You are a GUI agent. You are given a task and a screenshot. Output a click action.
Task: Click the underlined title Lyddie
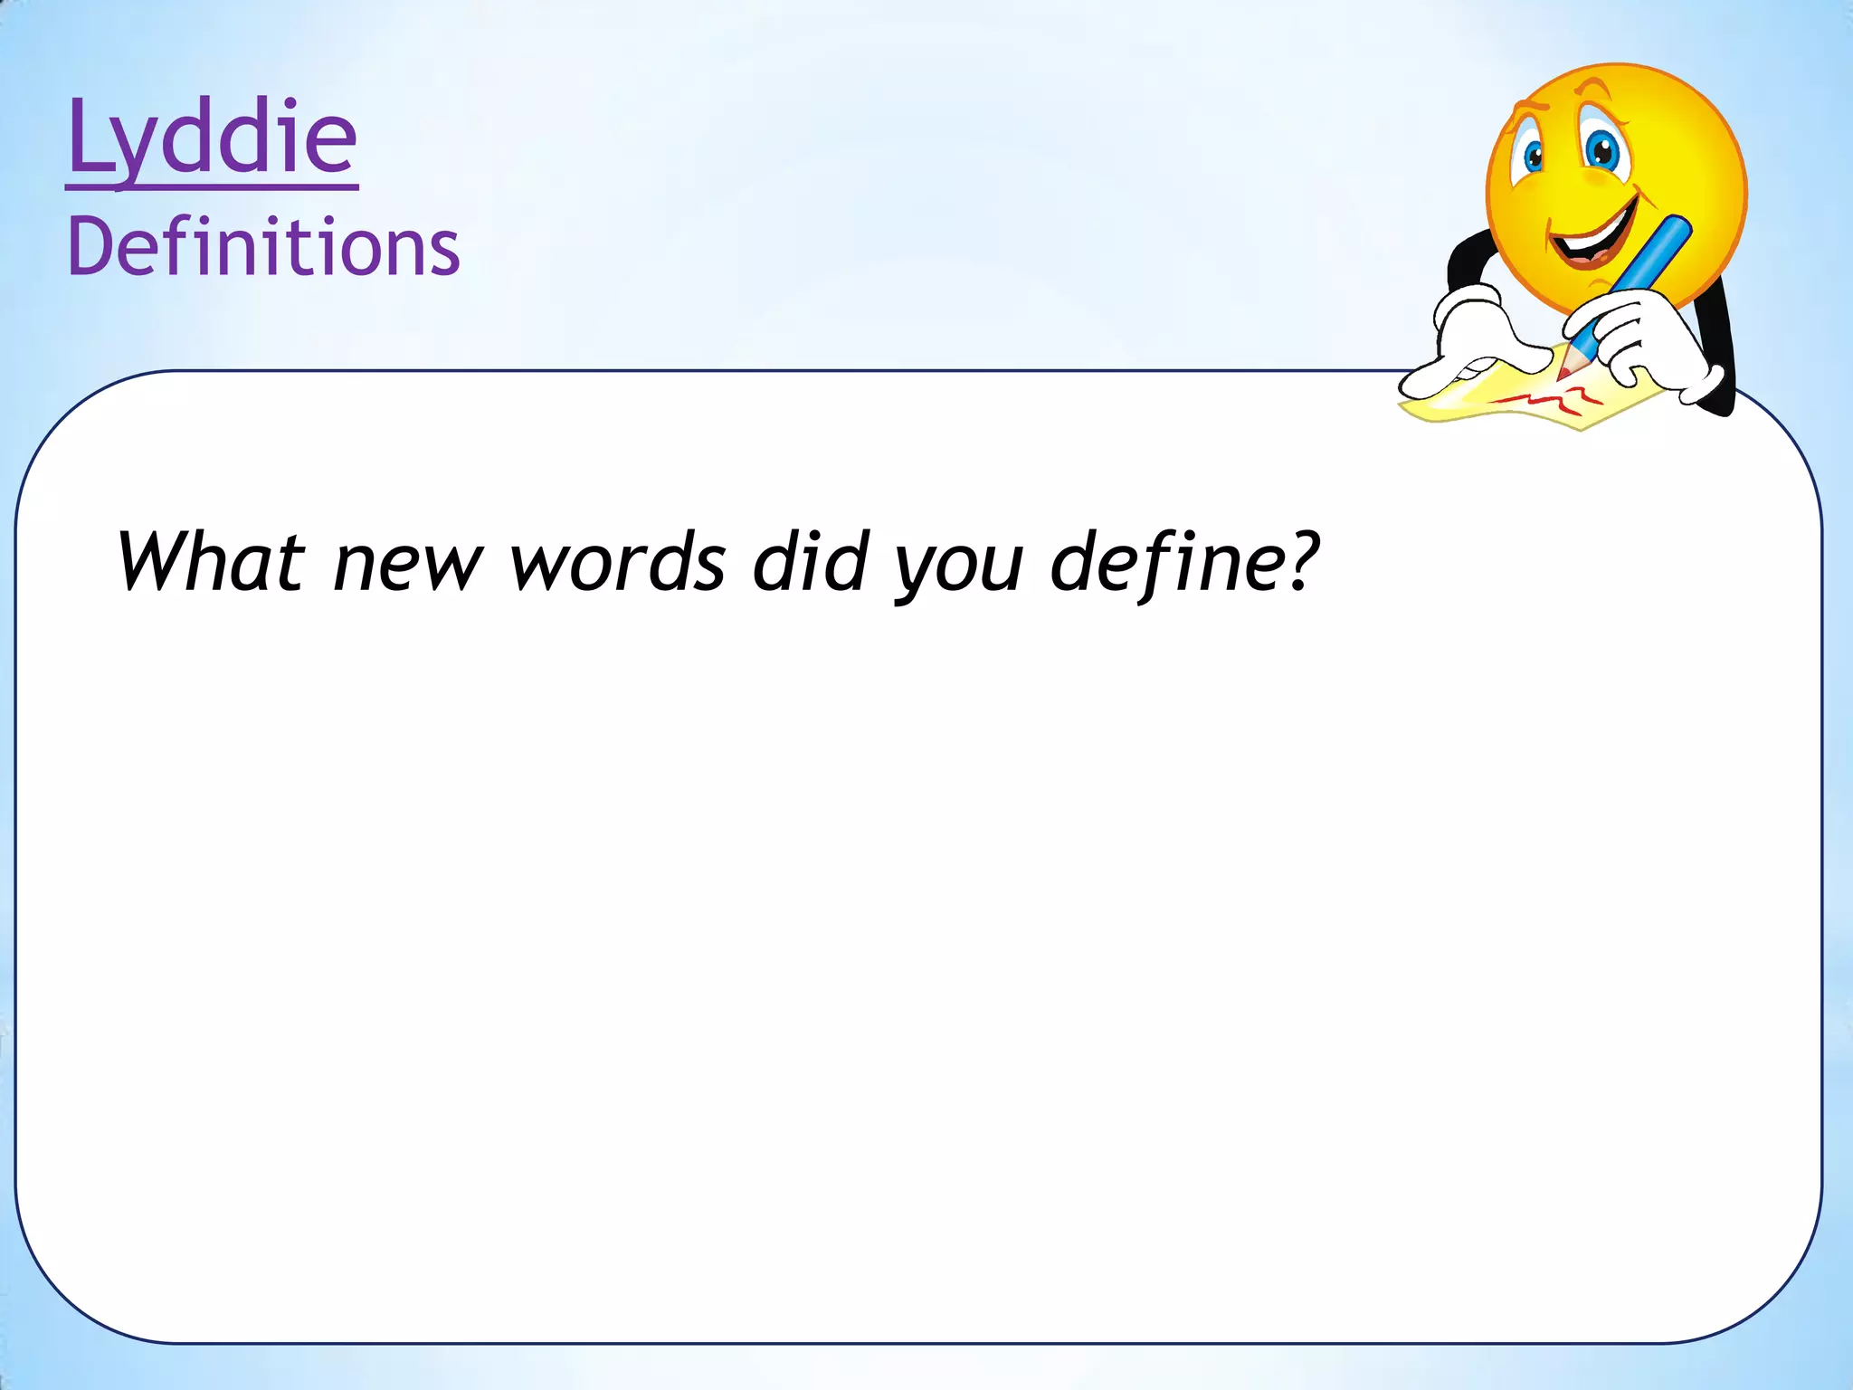pyautogui.click(x=213, y=140)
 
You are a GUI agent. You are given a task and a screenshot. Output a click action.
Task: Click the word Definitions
pyautogui.click(x=263, y=247)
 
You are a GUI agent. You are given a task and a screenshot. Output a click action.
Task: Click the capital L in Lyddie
pyautogui.click(x=88, y=138)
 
